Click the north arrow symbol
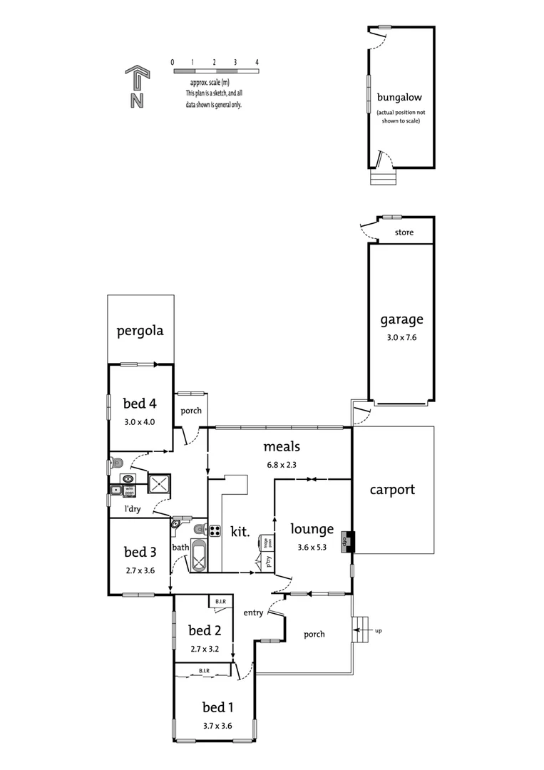(136, 87)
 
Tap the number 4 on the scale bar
(257, 62)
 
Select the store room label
(404, 233)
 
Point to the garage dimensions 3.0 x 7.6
(401, 337)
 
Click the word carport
(392, 490)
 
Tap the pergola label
(140, 331)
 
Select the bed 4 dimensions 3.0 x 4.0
(140, 422)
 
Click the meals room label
(282, 447)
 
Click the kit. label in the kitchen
(240, 531)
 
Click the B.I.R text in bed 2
(219, 602)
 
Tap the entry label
(253, 612)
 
